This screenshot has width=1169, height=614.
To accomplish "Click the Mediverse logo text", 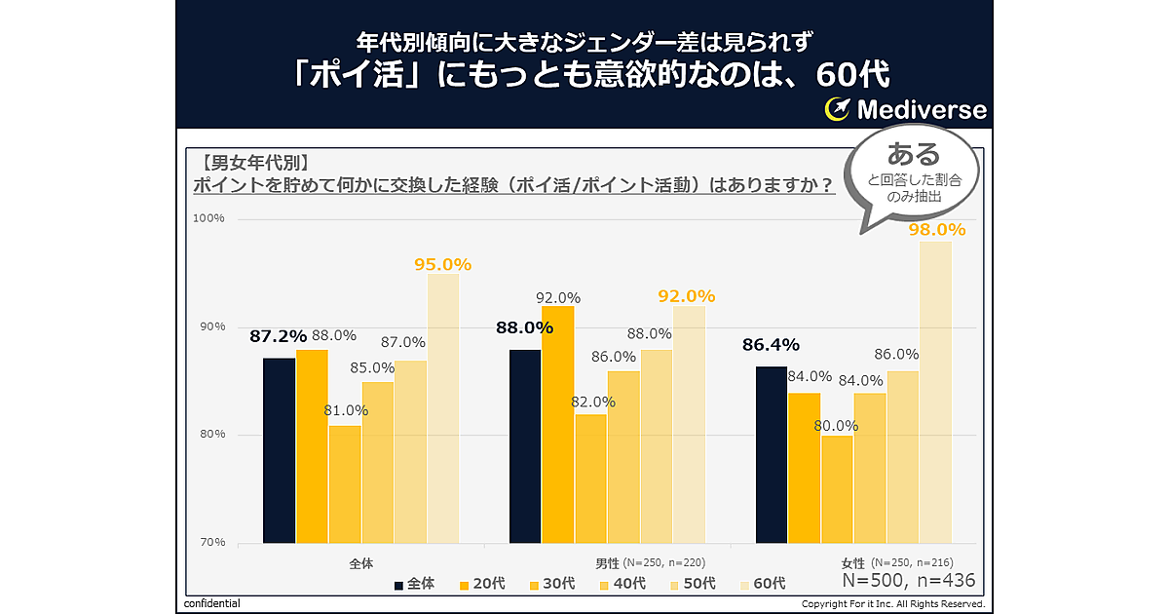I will coord(921,109).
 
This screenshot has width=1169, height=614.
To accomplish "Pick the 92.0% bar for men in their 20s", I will coord(558,424).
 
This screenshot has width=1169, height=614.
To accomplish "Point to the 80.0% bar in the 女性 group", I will coord(837,488).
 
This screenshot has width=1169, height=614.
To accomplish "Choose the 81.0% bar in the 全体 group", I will coord(345,483).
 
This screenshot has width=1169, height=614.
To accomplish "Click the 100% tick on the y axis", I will coord(210,218).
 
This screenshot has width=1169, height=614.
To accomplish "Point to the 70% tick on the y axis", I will coord(212,542).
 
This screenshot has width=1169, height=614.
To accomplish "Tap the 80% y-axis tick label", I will coord(212,435).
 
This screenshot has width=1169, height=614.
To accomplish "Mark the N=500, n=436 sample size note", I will coord(908,582).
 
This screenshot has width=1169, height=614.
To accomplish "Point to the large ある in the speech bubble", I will coord(914,154).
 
